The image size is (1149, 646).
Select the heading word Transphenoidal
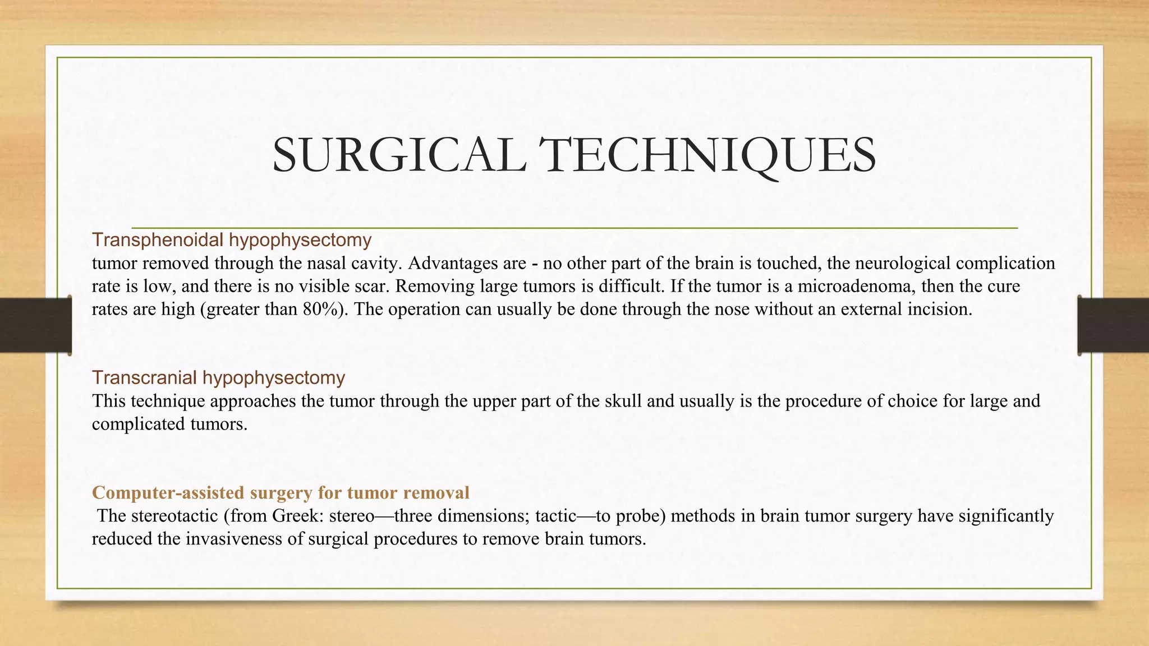coord(159,240)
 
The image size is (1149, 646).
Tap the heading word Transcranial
coord(145,377)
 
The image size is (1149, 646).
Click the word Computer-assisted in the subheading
coord(168,492)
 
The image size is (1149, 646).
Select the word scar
coord(373,286)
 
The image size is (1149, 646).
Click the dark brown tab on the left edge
coord(35,325)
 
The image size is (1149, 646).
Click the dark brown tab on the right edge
coord(1113,325)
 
